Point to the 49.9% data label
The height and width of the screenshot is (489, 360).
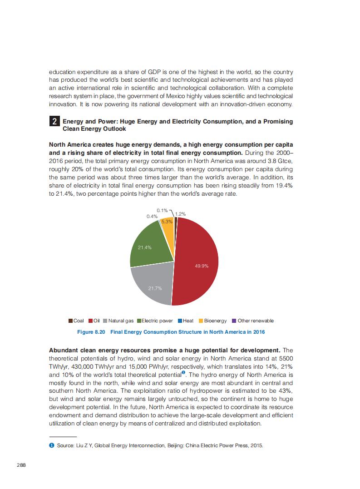click(x=202, y=266)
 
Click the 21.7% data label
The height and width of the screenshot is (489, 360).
click(x=155, y=288)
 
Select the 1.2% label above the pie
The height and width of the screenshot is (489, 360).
click(x=180, y=213)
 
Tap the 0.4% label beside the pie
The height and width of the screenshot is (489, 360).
click(x=152, y=217)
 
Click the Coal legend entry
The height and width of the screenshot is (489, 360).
click(x=76, y=321)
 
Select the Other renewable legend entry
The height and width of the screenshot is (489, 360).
click(x=253, y=321)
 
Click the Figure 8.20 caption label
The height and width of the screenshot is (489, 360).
click(x=91, y=332)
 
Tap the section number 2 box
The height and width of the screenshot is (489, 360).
click(x=54, y=122)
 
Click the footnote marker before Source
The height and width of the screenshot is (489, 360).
click(x=51, y=445)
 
